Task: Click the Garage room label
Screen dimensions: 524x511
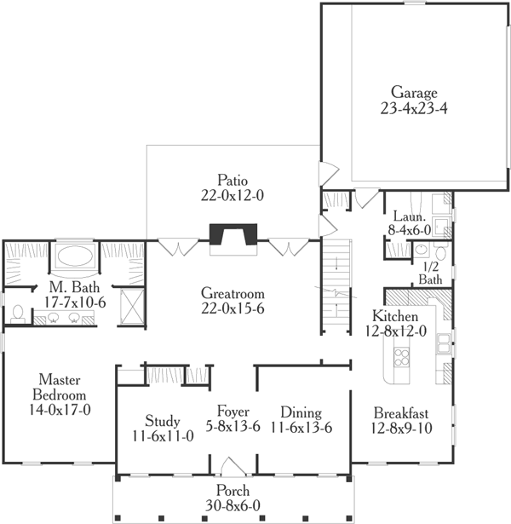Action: pyautogui.click(x=414, y=93)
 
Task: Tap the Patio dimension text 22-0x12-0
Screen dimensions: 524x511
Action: pyautogui.click(x=227, y=195)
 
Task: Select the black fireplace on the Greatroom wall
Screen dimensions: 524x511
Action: pyautogui.click(x=232, y=234)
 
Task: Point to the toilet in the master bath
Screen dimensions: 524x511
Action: pyautogui.click(x=17, y=314)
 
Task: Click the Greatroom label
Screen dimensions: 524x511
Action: pyautogui.click(x=231, y=293)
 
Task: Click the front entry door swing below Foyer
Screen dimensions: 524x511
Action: pyautogui.click(x=233, y=467)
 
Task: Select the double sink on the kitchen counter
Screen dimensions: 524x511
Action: pyautogui.click(x=445, y=343)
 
